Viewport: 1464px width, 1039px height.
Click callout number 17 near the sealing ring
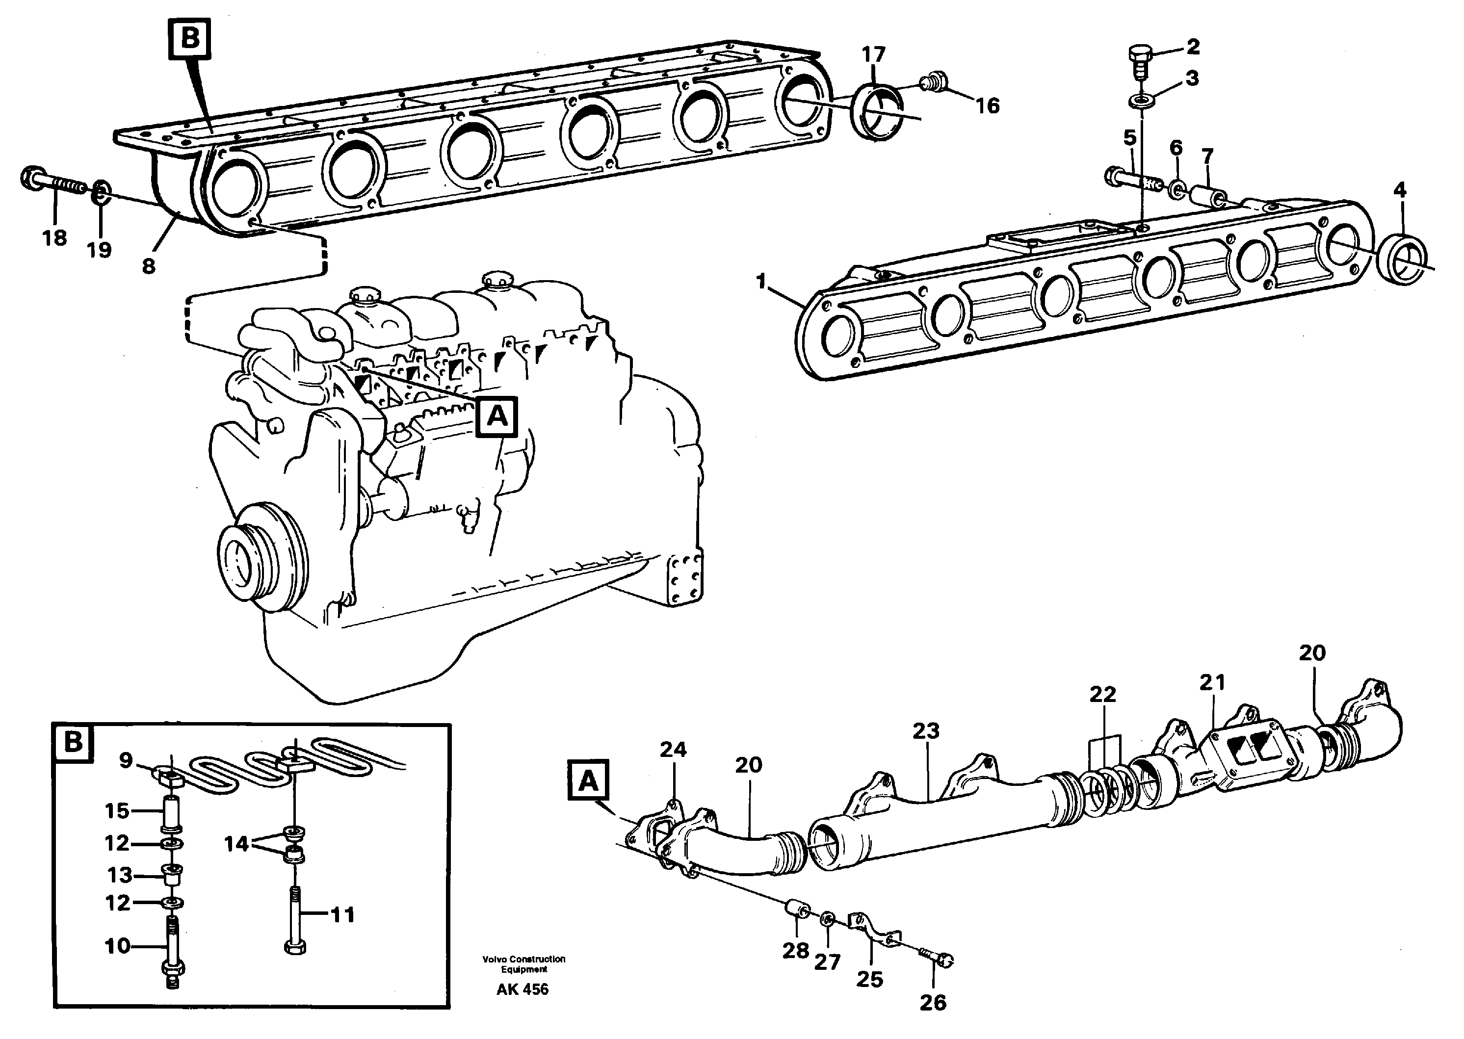tap(873, 54)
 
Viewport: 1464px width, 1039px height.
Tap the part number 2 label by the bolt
tap(1192, 46)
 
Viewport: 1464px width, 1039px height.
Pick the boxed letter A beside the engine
tap(497, 417)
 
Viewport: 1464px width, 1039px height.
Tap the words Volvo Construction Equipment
tap(524, 964)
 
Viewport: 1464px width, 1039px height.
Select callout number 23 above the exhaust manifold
tap(925, 730)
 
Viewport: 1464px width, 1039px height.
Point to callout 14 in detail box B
tap(236, 844)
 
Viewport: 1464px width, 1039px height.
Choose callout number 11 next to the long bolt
tap(342, 915)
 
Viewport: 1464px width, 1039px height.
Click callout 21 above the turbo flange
tap(1212, 683)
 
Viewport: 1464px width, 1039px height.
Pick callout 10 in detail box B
tap(118, 946)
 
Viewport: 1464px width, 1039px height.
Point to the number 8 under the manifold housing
tap(149, 265)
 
